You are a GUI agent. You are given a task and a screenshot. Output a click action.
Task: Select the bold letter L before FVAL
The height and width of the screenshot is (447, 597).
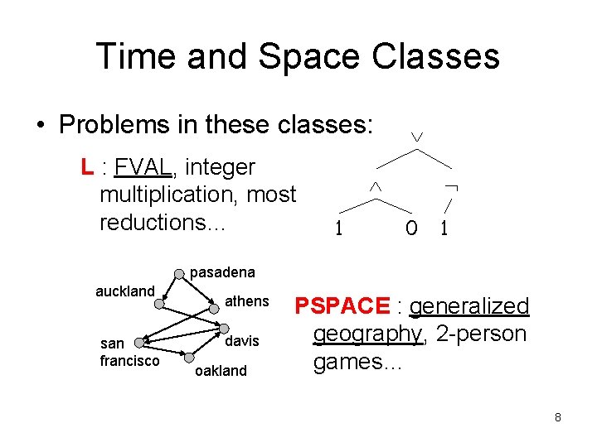(86, 167)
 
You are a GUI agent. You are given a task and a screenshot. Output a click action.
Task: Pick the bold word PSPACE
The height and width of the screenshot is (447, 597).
(342, 306)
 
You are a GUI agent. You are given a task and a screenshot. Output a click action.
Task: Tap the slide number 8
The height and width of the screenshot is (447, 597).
(558, 417)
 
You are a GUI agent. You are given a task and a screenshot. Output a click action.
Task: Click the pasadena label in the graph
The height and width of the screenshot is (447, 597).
(223, 272)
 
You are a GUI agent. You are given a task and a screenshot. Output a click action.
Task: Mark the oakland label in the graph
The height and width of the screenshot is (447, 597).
(220, 371)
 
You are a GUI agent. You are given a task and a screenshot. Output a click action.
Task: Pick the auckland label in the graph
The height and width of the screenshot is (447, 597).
(125, 291)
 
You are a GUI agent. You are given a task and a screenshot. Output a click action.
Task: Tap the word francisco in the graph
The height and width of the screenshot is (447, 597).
(129, 361)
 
